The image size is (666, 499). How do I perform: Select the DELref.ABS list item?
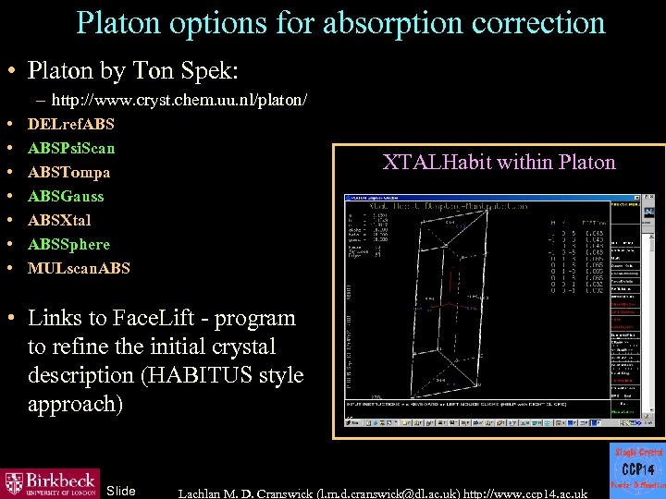71,123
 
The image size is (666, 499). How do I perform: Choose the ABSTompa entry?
69,172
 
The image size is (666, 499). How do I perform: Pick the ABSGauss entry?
66,196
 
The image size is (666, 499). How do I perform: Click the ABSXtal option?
59,220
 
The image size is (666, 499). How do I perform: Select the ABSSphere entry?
68,244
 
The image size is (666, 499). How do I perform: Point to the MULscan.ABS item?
79,268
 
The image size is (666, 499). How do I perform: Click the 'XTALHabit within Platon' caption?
499,163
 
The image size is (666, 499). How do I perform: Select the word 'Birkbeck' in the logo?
60,479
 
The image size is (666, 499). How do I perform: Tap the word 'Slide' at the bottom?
121,490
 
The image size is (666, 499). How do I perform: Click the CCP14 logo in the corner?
636,469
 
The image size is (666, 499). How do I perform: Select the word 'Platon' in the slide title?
119,22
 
